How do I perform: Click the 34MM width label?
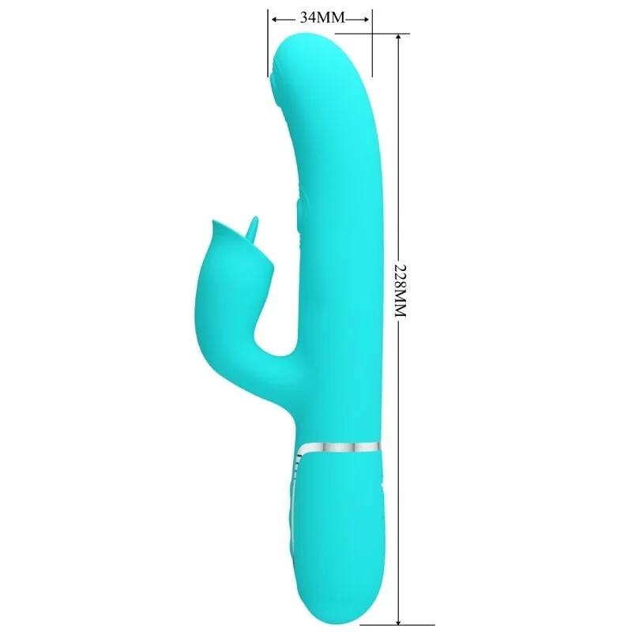[x=319, y=17]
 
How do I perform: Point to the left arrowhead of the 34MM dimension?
[x=273, y=17]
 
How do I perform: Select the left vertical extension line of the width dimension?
[x=269, y=43]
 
